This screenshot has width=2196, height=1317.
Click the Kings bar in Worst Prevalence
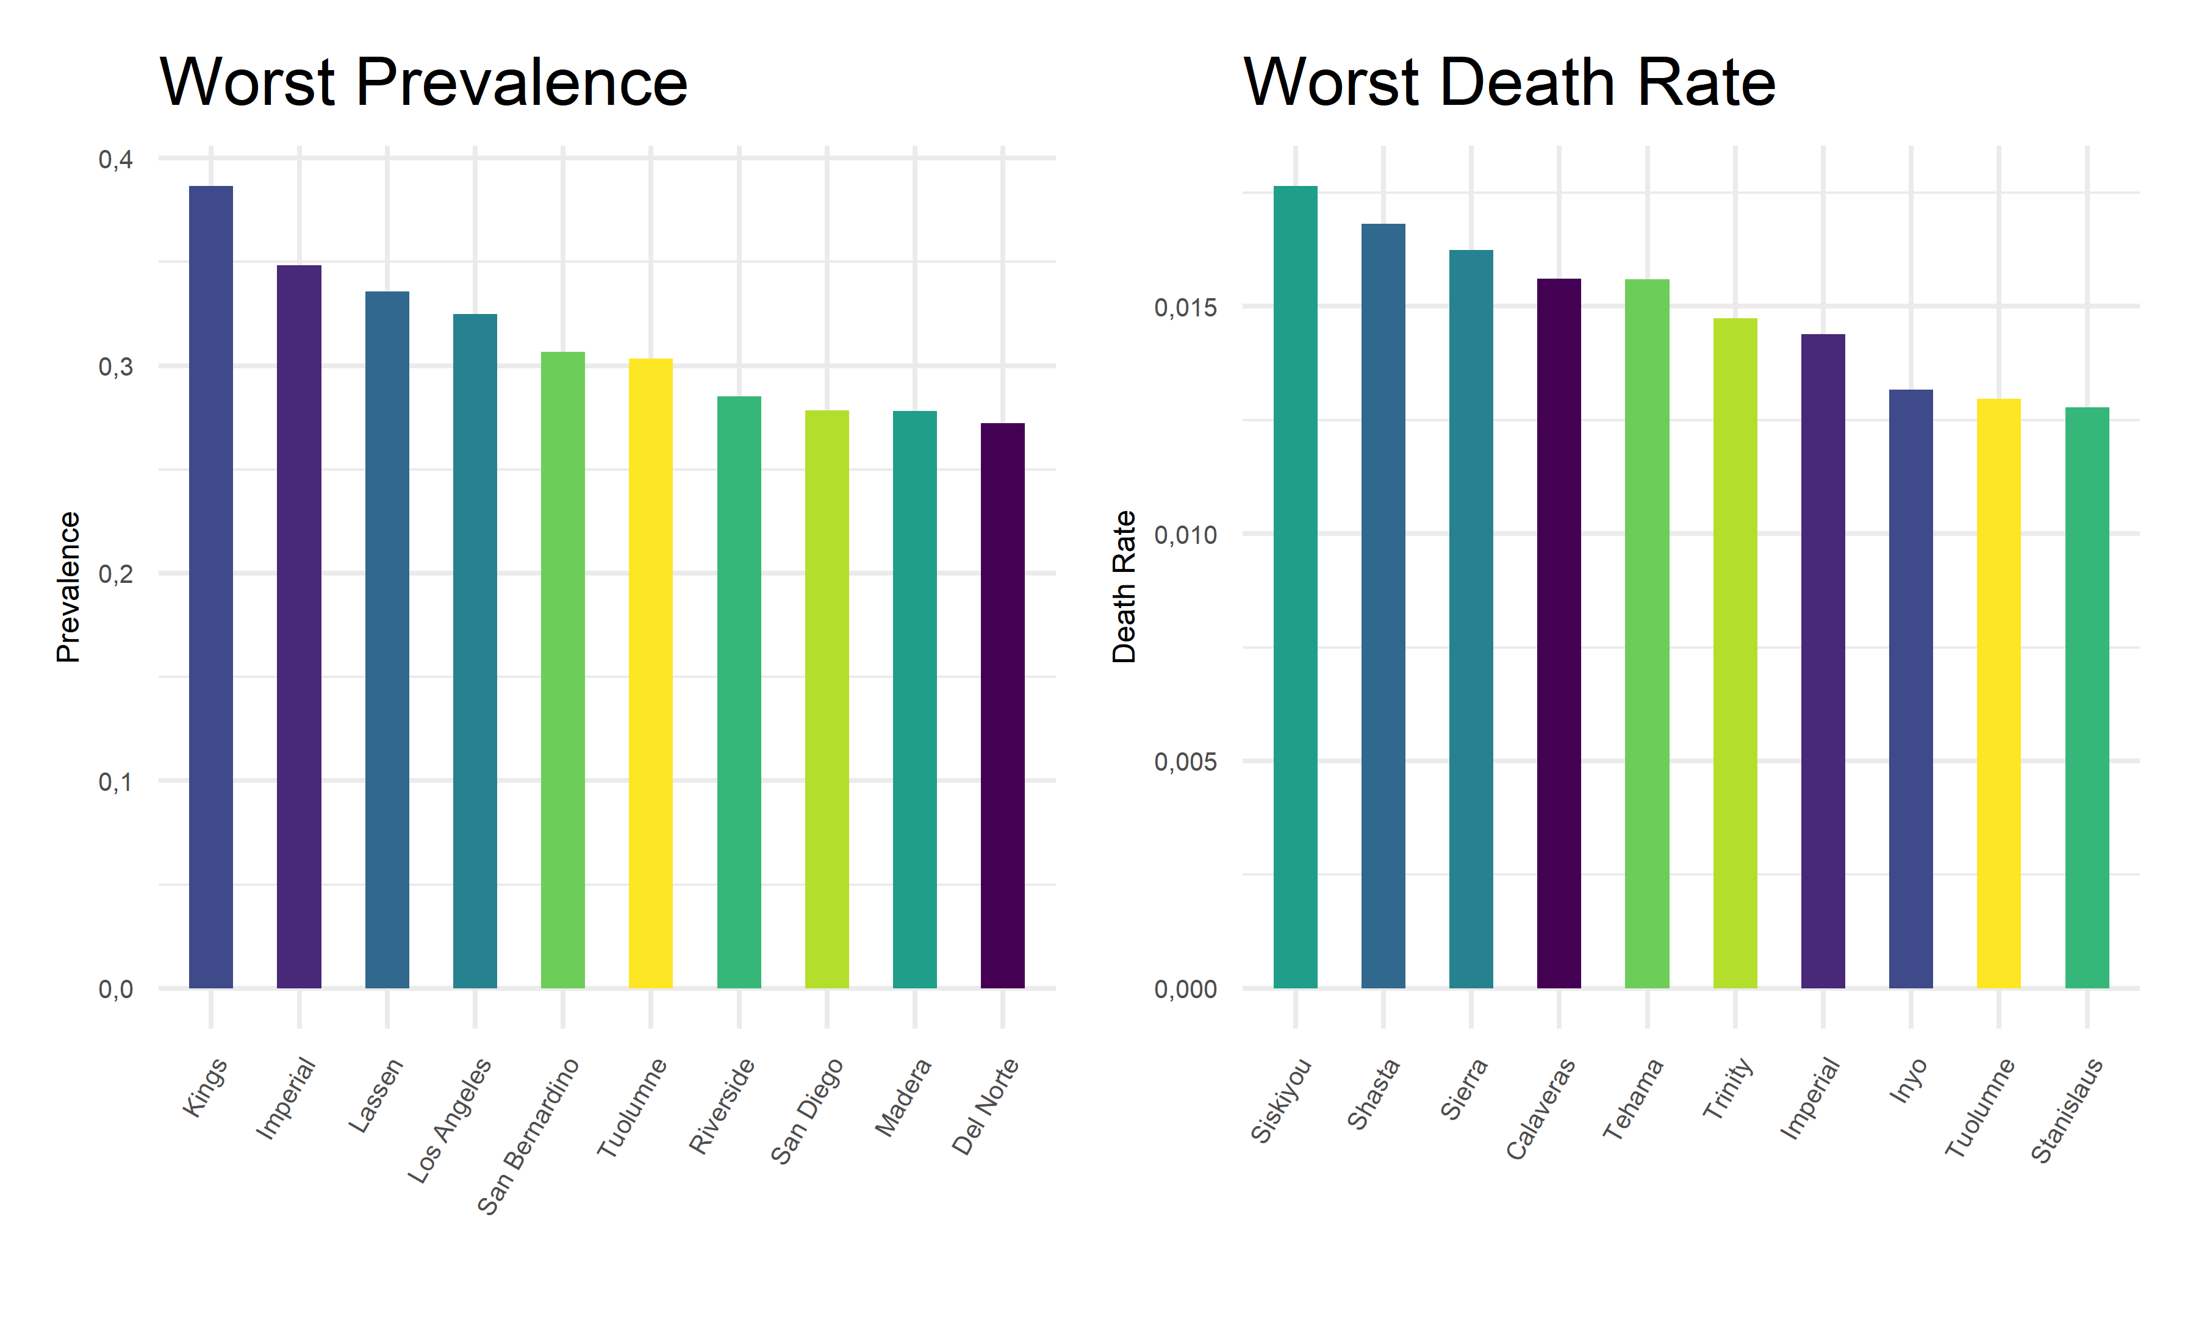tap(211, 586)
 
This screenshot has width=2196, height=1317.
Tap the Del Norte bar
tap(1002, 705)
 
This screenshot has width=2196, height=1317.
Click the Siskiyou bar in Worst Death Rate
tap(1295, 586)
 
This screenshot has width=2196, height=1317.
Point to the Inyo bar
tap(1911, 688)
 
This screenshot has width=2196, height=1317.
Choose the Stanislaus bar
tap(2087, 697)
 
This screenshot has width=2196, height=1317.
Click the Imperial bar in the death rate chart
tap(1823, 660)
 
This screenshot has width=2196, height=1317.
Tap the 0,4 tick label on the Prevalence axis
tap(115, 160)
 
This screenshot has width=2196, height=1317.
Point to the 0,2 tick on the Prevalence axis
tap(115, 574)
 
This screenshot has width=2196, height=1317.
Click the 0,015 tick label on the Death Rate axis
tap(1185, 308)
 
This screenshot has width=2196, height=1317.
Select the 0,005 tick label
tap(1185, 762)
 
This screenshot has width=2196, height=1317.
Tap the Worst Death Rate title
tap(1509, 82)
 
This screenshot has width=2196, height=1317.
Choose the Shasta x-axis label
tap(1374, 1093)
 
